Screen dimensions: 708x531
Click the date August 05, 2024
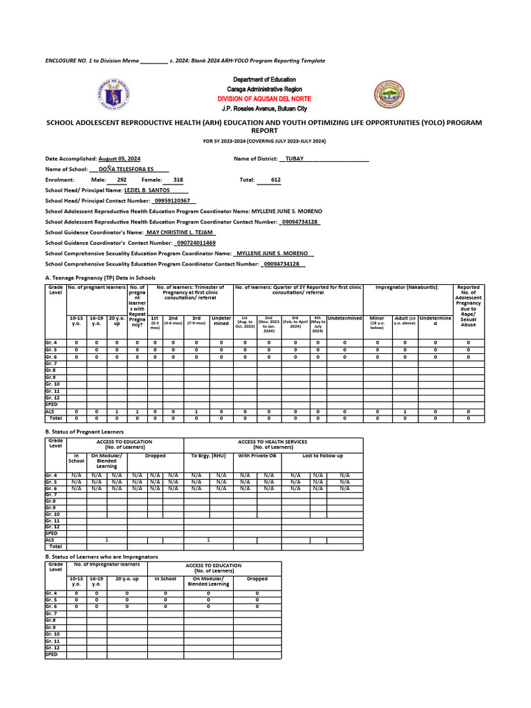120,158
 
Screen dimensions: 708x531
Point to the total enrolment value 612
276,179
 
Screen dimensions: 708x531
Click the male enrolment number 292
122,179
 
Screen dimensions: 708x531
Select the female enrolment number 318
178,179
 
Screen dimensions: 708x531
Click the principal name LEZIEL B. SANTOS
147,189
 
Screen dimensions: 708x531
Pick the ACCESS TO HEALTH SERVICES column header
272,441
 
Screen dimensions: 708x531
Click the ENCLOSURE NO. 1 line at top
185,61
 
